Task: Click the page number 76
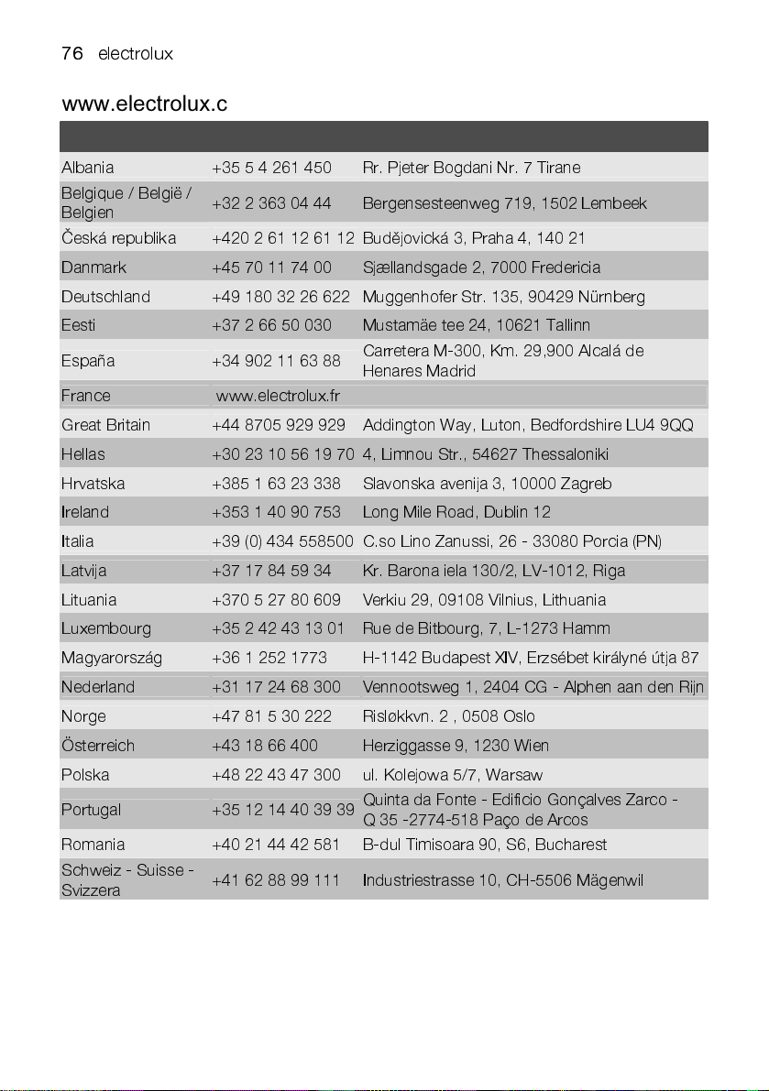[x=72, y=54]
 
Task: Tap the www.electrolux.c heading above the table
[x=144, y=104]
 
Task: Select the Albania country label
[x=88, y=168]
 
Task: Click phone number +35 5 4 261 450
[x=271, y=168]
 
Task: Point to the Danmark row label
[x=93, y=268]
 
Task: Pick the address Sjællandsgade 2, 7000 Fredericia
[x=481, y=268]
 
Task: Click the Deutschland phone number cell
[x=280, y=297]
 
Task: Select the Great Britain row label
[x=105, y=425]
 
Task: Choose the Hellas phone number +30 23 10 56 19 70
[x=282, y=454]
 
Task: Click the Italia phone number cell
[x=282, y=541]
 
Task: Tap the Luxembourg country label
[x=106, y=629]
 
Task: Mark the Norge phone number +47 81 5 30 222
[x=271, y=716]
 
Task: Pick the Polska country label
[x=85, y=775]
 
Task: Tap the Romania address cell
[x=485, y=845]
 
